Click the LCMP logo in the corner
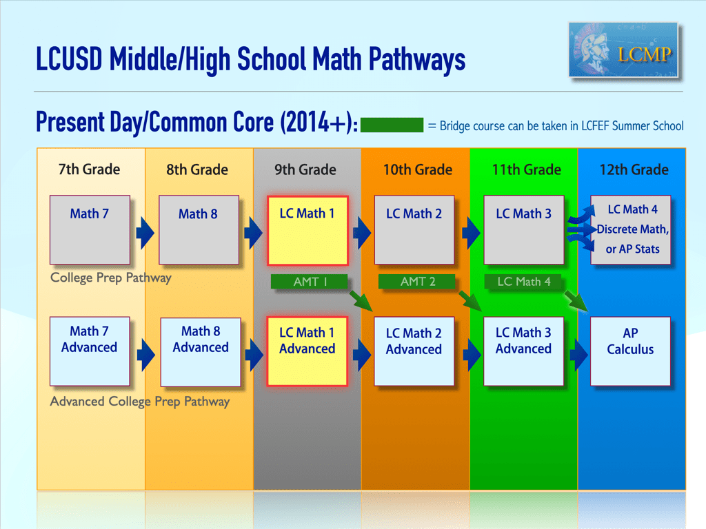(x=624, y=50)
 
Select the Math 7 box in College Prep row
(x=90, y=229)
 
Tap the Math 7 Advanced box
(x=90, y=351)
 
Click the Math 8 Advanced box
(x=200, y=351)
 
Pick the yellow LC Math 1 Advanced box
(x=307, y=351)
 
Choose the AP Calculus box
(x=630, y=351)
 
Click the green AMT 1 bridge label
(x=309, y=282)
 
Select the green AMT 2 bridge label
(x=417, y=282)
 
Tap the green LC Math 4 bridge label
(x=524, y=282)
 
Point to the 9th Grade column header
(x=305, y=169)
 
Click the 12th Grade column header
(x=633, y=169)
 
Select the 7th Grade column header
(x=89, y=169)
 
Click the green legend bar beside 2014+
(x=392, y=125)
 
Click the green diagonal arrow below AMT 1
(x=360, y=300)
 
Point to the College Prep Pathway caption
(x=110, y=278)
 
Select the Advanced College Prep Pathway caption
(x=140, y=401)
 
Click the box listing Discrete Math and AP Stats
(x=632, y=229)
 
